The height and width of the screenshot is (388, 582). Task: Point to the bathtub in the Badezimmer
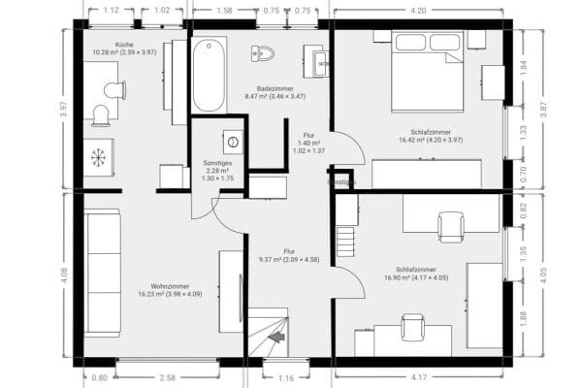coord(209,76)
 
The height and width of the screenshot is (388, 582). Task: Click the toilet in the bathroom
coord(264,52)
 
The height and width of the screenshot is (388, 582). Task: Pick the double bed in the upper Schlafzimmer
coord(426,70)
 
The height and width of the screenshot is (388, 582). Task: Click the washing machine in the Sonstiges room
coord(232,139)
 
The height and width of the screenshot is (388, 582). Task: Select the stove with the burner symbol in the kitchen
coord(98,157)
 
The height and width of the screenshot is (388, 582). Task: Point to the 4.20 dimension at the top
coord(418,11)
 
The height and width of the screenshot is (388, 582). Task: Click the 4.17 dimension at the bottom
coord(419,376)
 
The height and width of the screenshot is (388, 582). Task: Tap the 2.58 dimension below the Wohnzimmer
coord(167,376)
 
